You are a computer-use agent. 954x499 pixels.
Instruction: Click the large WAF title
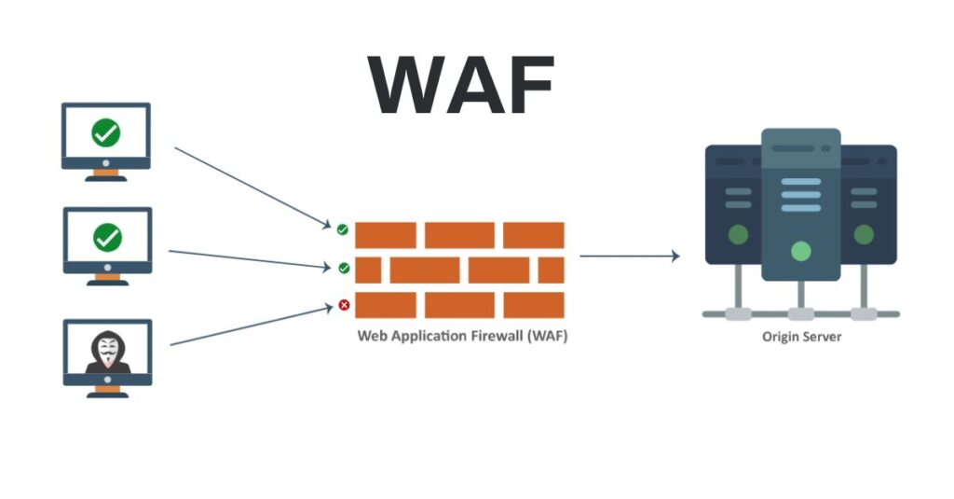click(x=462, y=85)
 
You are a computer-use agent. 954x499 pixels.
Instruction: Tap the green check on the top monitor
click(x=106, y=133)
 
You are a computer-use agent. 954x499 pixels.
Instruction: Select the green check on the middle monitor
click(x=107, y=238)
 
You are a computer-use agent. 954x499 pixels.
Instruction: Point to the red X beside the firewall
click(x=344, y=305)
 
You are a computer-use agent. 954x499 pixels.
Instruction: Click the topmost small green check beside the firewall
click(x=343, y=229)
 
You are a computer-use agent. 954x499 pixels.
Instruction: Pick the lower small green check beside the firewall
click(x=344, y=269)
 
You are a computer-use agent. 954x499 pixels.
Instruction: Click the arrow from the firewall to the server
click(x=630, y=256)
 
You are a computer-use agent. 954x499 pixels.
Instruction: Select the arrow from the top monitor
click(x=252, y=187)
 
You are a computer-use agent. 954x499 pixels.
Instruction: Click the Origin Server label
click(x=801, y=336)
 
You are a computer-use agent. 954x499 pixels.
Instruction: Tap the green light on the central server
click(x=800, y=250)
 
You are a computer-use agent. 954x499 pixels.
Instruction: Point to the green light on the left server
click(x=738, y=233)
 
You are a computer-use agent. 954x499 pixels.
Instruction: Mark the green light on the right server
click(x=864, y=233)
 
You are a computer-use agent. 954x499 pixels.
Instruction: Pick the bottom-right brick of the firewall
click(x=534, y=305)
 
